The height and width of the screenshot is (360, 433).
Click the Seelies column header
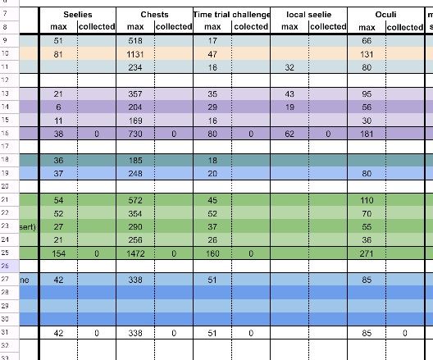(77, 14)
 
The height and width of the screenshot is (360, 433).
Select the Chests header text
(154, 14)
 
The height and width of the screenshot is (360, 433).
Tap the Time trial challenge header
(231, 14)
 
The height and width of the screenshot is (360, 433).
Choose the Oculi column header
(385, 14)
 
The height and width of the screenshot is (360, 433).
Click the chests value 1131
(134, 53)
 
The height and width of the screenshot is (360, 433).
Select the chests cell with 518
(134, 40)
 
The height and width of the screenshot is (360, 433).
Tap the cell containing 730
(134, 133)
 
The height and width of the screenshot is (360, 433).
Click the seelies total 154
(57, 253)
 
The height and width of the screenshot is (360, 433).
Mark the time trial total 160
(212, 253)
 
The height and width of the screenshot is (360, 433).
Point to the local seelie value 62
(289, 133)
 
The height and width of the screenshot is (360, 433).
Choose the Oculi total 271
(367, 253)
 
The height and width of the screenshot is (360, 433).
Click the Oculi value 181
(367, 133)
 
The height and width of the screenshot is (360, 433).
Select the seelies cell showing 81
(57, 53)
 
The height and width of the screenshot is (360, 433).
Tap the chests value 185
(134, 160)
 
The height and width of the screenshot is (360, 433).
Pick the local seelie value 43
(289, 93)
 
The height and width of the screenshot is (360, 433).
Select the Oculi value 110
(367, 200)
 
